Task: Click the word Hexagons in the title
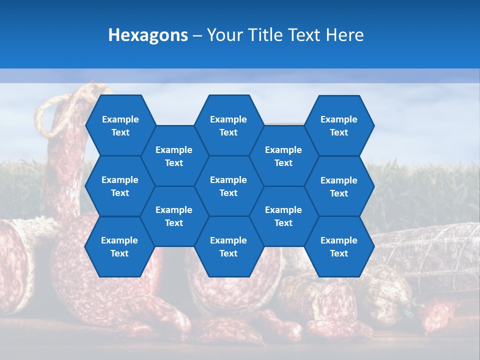148,35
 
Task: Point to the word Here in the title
345,35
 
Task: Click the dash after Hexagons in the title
197,35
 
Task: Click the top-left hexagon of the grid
120,125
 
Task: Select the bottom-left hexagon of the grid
119,246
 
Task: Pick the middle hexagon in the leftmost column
120,186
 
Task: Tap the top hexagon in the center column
228,125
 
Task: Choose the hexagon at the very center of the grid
228,186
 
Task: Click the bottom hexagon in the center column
228,246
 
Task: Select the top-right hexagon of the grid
339,125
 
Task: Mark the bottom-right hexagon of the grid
339,246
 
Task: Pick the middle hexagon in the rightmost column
339,186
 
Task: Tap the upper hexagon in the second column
174,156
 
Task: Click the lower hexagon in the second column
174,216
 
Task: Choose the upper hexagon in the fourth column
283,156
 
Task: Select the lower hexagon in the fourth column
283,216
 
